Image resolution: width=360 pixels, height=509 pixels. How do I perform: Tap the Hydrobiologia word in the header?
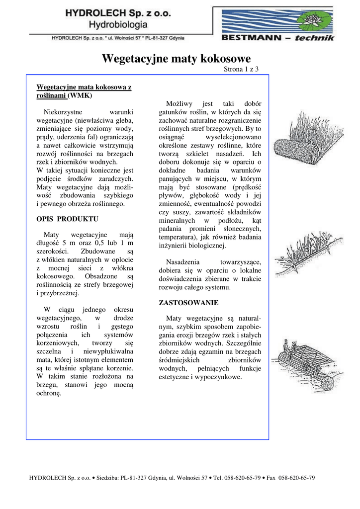point(118,24)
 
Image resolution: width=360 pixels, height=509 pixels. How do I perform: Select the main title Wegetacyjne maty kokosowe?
point(176,59)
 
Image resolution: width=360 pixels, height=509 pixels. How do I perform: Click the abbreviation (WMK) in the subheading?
point(80,95)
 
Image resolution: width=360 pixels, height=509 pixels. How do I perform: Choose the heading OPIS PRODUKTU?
point(68,219)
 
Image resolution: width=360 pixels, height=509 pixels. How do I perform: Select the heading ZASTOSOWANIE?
point(188,302)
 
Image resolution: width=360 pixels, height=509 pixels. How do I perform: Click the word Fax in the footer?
point(271,478)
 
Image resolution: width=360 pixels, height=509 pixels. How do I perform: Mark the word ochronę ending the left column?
point(49,393)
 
